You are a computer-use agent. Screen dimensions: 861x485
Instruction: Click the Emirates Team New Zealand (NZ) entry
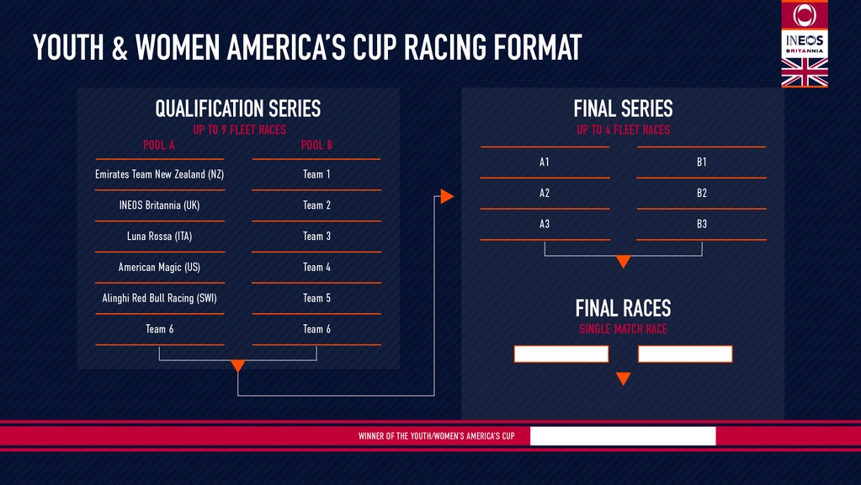tap(159, 174)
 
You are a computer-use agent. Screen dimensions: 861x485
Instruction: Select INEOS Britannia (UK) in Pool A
tap(159, 205)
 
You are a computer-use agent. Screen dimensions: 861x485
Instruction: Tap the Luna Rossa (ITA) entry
tap(159, 236)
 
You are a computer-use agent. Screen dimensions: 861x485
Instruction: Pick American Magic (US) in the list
tap(159, 267)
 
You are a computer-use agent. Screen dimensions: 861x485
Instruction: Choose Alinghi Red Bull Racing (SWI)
tap(159, 298)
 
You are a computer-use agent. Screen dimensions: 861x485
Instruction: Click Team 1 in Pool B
tap(316, 174)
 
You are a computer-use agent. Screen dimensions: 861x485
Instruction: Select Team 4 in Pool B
tap(316, 267)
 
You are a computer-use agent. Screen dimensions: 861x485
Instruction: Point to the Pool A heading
tap(159, 145)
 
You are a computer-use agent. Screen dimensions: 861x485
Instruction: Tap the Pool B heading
tap(316, 145)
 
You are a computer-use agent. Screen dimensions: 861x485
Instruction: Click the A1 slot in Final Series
tap(545, 162)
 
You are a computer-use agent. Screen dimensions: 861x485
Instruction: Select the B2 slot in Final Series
tap(702, 193)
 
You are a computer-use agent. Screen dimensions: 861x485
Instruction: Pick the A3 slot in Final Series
tap(545, 224)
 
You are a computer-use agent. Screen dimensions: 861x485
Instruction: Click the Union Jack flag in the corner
tap(805, 72)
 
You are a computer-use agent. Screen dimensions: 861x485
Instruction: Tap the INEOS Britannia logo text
tap(805, 43)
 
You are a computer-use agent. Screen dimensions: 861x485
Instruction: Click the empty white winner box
tap(623, 435)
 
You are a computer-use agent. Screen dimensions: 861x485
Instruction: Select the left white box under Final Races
tap(561, 354)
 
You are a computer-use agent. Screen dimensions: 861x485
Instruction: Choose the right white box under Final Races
tap(685, 354)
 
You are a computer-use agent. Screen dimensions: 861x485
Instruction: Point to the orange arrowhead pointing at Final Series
tap(446, 196)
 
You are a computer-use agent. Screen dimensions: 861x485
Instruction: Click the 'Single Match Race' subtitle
tap(624, 329)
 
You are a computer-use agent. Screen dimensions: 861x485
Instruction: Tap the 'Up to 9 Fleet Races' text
tap(239, 130)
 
